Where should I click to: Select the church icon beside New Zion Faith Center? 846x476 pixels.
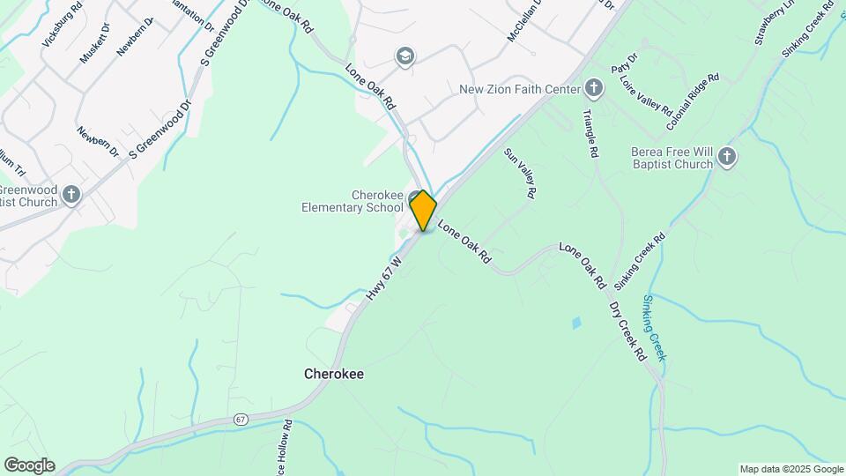[x=594, y=88]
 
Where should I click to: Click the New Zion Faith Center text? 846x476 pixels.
[x=519, y=89]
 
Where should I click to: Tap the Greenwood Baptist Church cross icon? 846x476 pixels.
[x=71, y=194]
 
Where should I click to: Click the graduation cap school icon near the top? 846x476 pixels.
[x=405, y=57]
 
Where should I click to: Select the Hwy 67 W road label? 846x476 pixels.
[x=385, y=280]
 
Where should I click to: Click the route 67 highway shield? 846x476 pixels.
[x=241, y=420]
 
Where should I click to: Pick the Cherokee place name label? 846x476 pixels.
[x=334, y=374]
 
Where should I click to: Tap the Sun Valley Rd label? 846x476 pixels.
[x=519, y=174]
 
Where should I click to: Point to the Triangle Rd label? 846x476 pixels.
[x=590, y=134]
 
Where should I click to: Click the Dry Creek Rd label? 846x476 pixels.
[x=627, y=331]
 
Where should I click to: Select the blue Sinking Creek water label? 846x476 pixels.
[x=654, y=328]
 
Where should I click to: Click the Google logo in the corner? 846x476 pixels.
[x=29, y=465]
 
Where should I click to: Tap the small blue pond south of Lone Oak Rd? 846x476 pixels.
[x=576, y=323]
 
